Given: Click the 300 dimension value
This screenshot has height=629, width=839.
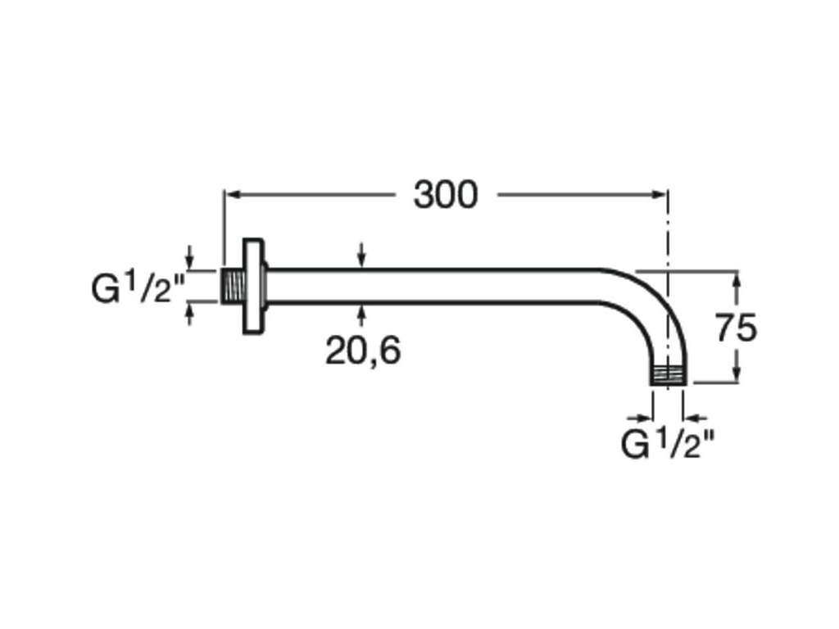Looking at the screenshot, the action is click(445, 195).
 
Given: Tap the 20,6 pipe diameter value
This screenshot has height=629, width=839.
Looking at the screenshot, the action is click(363, 351).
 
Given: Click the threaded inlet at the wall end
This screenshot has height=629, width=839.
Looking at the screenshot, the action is click(234, 286).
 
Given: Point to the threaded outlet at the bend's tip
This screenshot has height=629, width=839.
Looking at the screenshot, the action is click(669, 375).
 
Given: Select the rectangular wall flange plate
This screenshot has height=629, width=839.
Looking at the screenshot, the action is click(253, 287).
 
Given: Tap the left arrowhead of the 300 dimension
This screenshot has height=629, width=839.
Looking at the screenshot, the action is click(231, 195).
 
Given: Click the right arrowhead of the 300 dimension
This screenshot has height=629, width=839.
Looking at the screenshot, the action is click(661, 195).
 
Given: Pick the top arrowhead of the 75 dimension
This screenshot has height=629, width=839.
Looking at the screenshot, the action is click(737, 278).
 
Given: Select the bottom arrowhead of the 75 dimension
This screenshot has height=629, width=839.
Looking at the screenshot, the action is click(737, 376).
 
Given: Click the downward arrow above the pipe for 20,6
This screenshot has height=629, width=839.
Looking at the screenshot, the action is click(362, 256).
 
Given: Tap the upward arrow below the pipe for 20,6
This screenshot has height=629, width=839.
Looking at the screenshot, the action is click(362, 315).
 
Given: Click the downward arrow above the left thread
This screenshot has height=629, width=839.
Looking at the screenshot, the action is click(189, 257).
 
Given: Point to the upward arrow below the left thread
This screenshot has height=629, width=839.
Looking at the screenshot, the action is click(189, 314).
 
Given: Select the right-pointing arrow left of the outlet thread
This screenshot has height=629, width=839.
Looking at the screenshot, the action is click(641, 418).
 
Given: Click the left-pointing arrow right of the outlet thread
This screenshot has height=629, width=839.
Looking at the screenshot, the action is click(695, 418).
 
